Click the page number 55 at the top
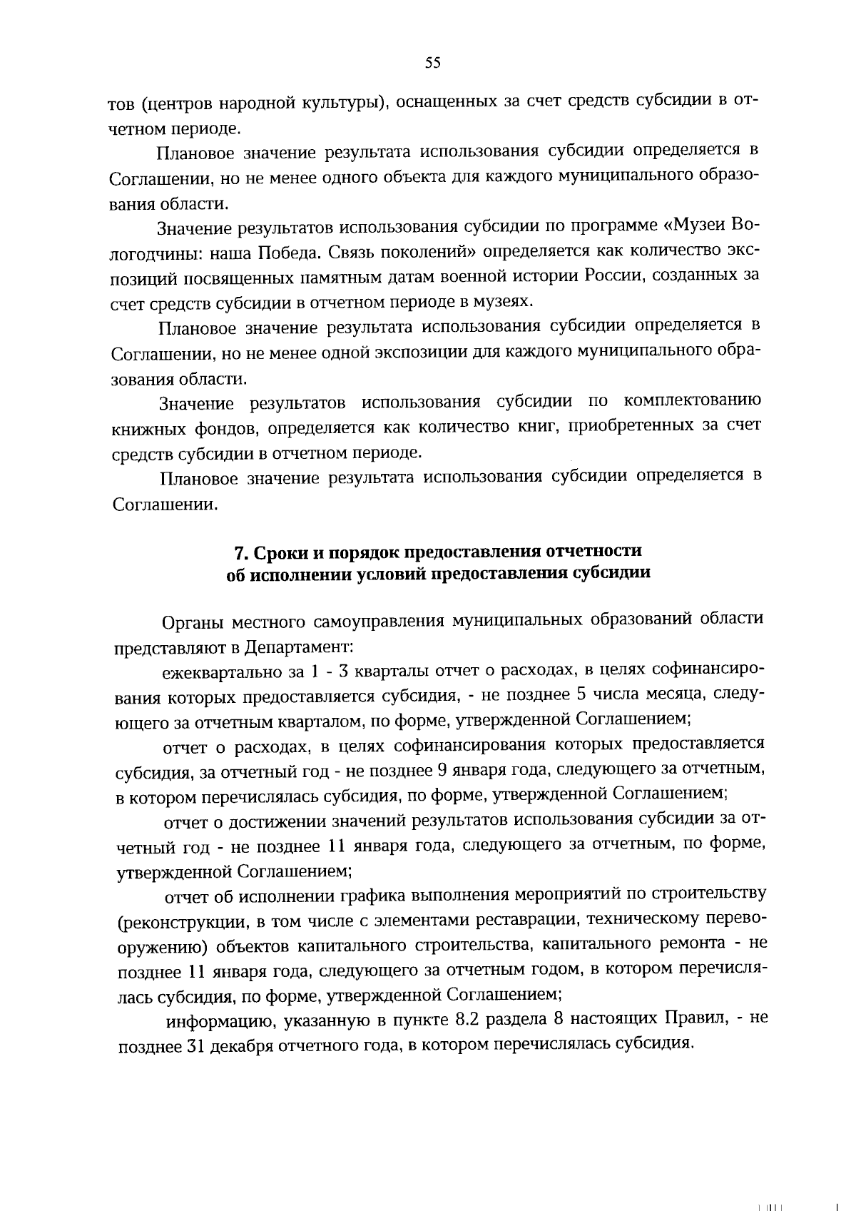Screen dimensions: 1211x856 tap(432, 63)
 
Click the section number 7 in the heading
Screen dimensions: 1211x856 tap(240, 552)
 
